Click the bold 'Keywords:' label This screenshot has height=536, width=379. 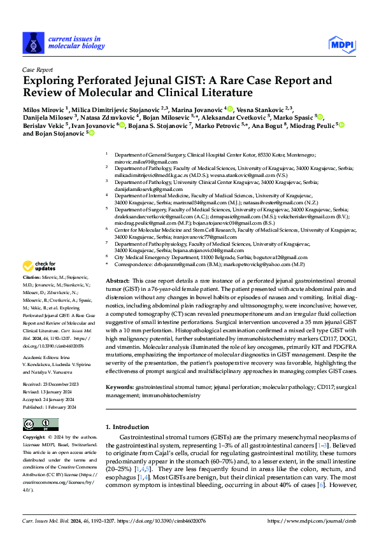tap(121, 386)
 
